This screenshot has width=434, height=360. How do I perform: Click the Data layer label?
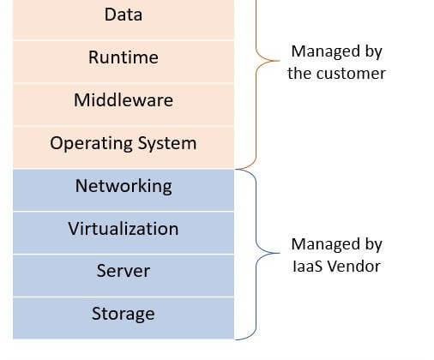click(124, 15)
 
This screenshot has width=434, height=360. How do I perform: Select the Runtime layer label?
click(124, 57)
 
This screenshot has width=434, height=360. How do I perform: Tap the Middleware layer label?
click(124, 100)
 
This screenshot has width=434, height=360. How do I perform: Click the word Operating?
click(91, 143)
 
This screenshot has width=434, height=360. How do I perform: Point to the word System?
click(167, 143)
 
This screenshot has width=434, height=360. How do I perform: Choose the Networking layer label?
click(124, 187)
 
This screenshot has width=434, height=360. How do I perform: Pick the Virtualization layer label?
click(124, 229)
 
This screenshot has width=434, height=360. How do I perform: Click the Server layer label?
click(124, 271)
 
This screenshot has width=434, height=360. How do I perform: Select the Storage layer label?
click(124, 314)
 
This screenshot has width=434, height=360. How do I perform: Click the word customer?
click(352, 74)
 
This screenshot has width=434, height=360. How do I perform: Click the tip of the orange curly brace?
click(280, 61)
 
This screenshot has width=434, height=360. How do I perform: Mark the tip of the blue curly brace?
click(280, 253)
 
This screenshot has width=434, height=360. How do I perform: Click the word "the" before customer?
click(300, 74)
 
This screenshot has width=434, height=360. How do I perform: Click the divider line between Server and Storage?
click(124, 297)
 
